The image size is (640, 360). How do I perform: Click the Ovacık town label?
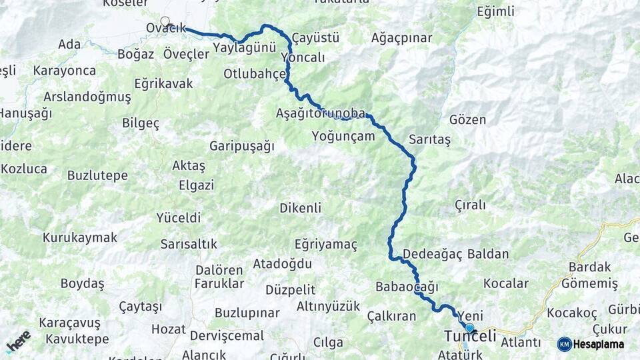(165, 28)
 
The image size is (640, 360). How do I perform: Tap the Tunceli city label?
(470, 337)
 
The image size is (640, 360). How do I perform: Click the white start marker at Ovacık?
(165, 21)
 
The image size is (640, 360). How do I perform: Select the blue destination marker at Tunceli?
(469, 328)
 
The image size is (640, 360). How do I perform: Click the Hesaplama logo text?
(598, 344)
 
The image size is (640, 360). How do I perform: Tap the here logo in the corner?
(18, 341)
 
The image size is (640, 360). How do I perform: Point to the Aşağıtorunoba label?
(321, 113)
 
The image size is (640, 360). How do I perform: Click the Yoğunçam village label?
(343, 136)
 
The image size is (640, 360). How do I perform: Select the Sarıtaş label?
(429, 139)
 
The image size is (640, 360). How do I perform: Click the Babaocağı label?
(406, 287)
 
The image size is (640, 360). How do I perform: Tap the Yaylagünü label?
(245, 47)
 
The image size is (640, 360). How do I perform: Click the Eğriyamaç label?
(326, 244)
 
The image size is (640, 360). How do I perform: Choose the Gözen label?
(467, 120)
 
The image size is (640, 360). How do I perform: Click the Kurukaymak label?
(80, 237)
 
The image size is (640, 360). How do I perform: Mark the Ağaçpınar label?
(402, 37)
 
